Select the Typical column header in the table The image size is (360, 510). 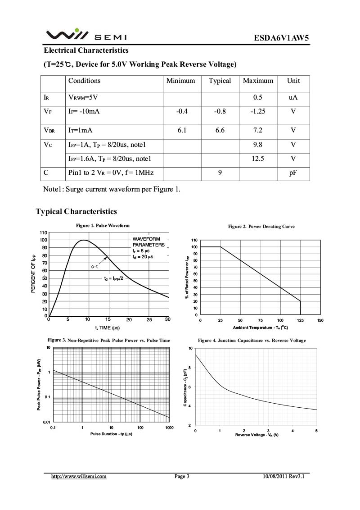(220, 81)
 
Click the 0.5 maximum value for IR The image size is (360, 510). (258, 97)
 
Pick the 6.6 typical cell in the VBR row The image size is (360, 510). (220, 131)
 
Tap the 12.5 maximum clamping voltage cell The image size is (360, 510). (258, 159)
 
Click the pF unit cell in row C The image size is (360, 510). (293, 173)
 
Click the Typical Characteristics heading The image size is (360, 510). (76, 212)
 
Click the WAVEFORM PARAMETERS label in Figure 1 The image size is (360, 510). (148, 241)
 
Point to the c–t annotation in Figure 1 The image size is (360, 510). (94, 267)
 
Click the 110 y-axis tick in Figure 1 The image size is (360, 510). (43, 232)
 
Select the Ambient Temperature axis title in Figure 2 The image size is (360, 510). (260, 328)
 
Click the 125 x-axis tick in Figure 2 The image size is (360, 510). (300, 320)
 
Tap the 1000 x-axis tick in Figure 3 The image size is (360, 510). (169, 427)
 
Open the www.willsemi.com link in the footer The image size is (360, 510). (79, 476)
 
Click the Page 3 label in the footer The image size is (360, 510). (182, 476)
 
